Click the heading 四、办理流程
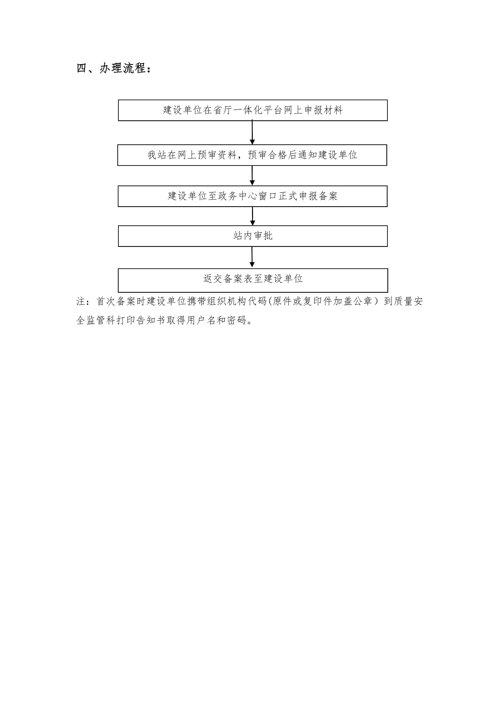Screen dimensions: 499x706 click(114, 68)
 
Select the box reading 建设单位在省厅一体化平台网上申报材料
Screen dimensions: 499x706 click(253, 110)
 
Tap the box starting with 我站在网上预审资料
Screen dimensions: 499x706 click(252, 155)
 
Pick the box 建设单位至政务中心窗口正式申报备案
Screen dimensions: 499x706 click(252, 196)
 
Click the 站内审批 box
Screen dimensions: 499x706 click(253, 236)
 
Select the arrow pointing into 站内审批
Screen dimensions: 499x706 click(252, 216)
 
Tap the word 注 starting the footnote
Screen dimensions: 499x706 click(81, 301)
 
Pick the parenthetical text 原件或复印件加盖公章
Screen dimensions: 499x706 click(323, 301)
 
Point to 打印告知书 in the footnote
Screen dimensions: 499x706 click(141, 320)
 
